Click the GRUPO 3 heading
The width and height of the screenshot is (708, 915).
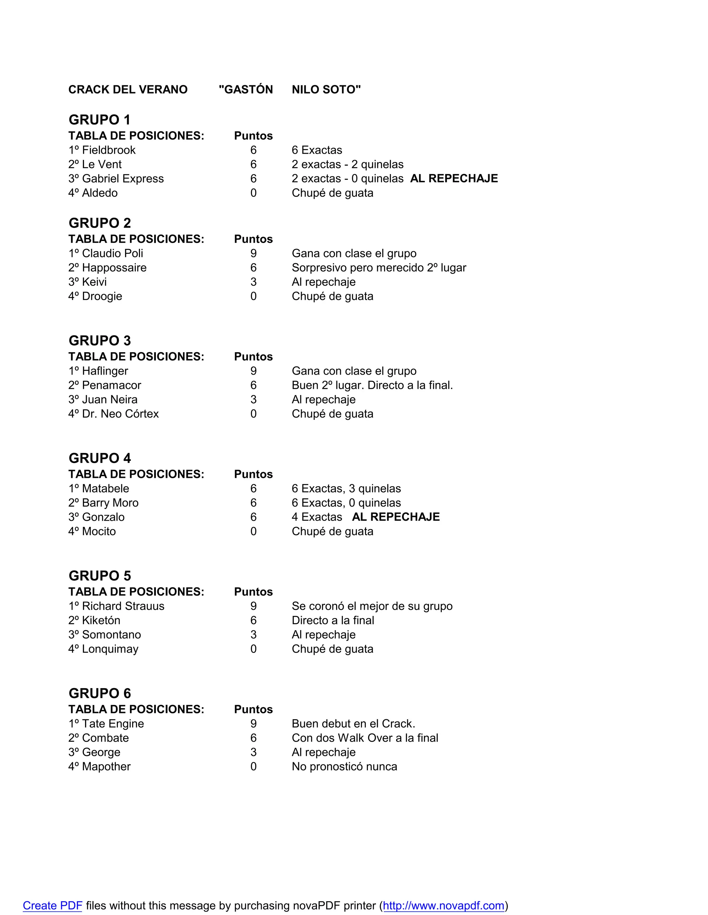coord(100,340)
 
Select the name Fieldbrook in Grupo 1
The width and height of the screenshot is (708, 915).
coord(109,150)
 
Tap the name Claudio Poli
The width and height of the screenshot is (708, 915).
coord(112,253)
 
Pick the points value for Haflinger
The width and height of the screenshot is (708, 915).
coord(253,371)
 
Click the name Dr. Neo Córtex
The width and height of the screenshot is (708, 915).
coord(120,414)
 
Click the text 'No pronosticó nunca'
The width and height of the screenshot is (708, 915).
coord(344,767)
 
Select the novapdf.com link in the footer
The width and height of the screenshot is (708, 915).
coord(443,906)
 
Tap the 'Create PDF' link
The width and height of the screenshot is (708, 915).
coord(53,906)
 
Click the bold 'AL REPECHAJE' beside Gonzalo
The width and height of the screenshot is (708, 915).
coord(396,517)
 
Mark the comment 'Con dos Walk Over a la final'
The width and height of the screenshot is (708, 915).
coord(365,738)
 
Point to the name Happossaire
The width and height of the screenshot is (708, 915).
coord(114,268)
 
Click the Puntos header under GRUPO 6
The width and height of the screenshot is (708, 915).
coord(253,710)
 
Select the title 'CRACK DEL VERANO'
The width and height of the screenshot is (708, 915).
coord(128,90)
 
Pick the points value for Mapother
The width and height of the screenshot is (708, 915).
coord(253,767)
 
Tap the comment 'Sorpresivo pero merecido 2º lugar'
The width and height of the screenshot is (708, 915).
coord(379,268)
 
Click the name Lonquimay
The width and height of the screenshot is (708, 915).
coord(110,649)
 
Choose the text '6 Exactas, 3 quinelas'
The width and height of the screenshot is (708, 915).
coord(346,489)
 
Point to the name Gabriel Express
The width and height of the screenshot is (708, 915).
coord(123,179)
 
